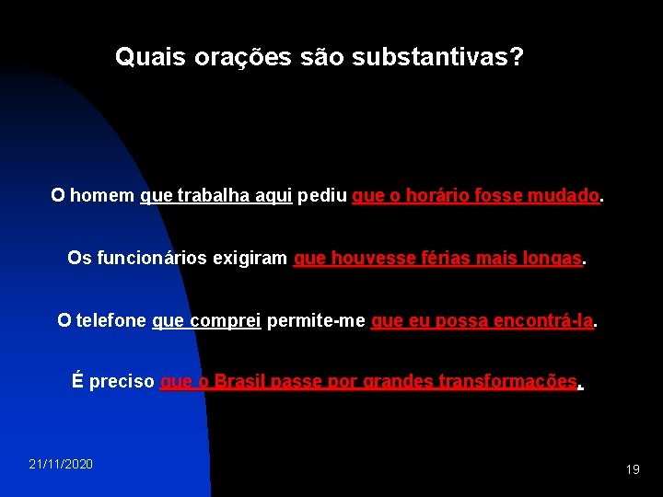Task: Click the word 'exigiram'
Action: (250, 259)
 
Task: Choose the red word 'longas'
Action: (552, 259)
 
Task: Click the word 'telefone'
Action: (110, 320)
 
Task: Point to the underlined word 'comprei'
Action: (226, 320)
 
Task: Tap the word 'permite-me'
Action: (315, 320)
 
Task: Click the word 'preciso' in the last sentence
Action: (122, 382)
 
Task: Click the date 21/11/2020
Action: (61, 464)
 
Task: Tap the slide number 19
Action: (633, 469)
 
